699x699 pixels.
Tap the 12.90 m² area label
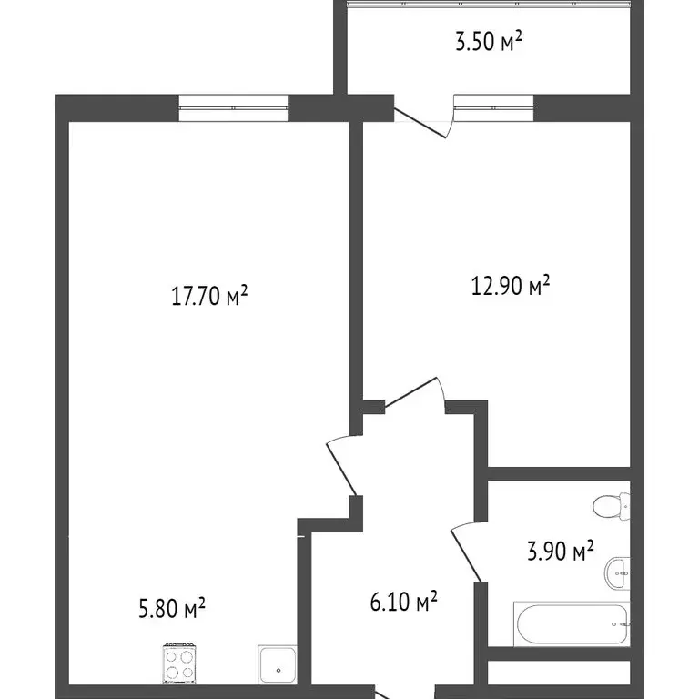coord(510,288)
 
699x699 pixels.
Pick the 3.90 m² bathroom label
coord(561,551)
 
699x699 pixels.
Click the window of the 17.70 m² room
coord(233,108)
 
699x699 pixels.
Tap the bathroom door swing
coord(467,550)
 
